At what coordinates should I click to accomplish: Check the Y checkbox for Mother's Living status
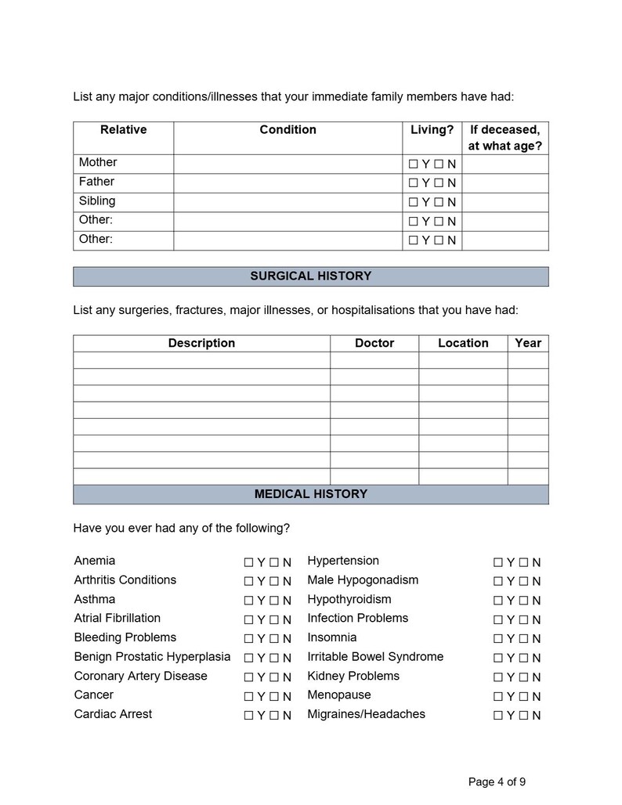pos(414,164)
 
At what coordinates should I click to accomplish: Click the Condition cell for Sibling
pos(287,201)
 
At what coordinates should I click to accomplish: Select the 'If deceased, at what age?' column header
pos(504,137)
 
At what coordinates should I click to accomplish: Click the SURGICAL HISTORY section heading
pos(310,276)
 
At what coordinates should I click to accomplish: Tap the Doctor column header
pos(374,343)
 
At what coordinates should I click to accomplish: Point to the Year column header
pos(528,343)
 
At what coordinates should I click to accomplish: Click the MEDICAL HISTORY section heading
pos(310,494)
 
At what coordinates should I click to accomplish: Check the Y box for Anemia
pos(248,562)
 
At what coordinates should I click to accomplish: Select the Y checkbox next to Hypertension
pos(497,562)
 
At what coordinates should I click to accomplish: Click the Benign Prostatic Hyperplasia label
pos(152,656)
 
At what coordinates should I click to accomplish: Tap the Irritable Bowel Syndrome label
pos(375,656)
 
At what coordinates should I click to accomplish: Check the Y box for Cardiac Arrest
pos(248,715)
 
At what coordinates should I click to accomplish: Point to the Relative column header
pos(123,129)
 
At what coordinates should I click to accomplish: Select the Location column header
pos(463,343)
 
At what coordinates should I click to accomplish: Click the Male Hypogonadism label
pos(363,579)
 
